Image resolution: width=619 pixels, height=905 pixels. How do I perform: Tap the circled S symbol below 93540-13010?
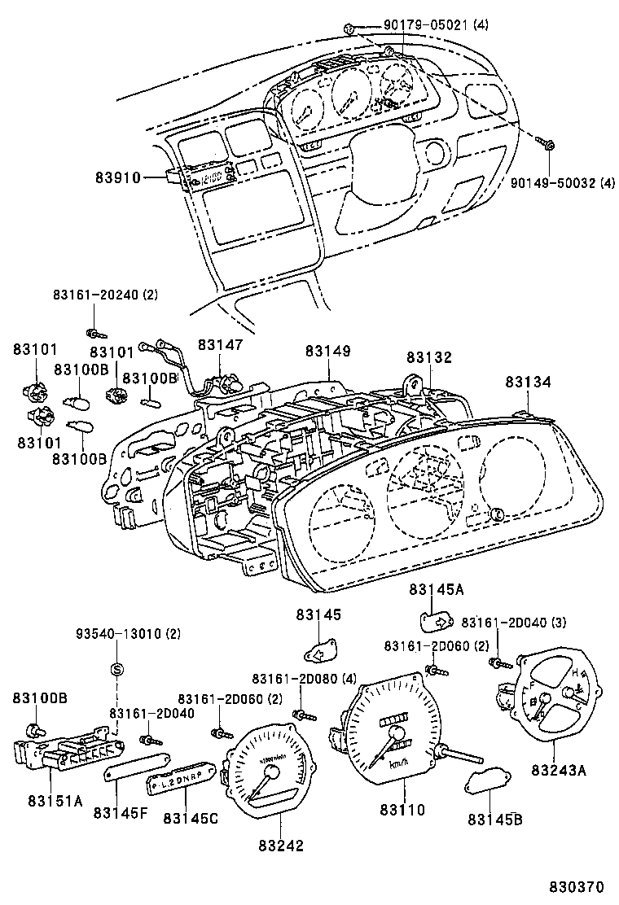(x=116, y=670)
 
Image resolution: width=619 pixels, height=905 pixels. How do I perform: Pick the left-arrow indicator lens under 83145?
(x=318, y=653)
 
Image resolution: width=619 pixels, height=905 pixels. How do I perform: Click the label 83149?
(x=328, y=351)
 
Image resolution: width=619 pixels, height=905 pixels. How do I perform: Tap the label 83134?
(x=527, y=381)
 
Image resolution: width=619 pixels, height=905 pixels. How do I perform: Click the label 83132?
(x=429, y=357)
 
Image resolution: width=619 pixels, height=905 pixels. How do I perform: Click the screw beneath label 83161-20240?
(x=94, y=332)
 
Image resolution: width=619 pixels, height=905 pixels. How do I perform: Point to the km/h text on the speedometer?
(x=397, y=764)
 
